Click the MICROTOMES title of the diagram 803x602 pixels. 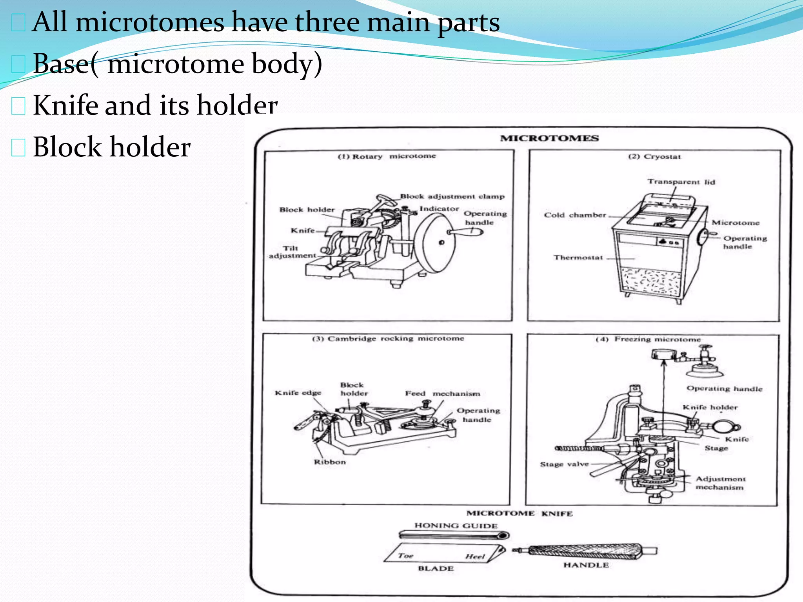click(x=549, y=138)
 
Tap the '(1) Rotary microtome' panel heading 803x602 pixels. click(x=387, y=156)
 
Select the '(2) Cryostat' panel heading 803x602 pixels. click(x=654, y=156)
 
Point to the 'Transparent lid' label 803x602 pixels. click(x=681, y=182)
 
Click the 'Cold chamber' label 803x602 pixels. click(x=575, y=215)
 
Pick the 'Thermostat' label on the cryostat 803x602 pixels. click(x=578, y=257)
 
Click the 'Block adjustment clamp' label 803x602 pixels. click(x=452, y=196)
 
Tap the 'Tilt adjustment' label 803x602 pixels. click(x=292, y=252)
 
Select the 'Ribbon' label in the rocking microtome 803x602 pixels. click(x=330, y=462)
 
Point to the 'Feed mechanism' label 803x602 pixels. click(x=442, y=393)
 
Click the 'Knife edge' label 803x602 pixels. click(x=298, y=393)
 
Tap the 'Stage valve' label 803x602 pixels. click(x=564, y=464)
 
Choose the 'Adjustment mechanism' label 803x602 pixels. click(x=720, y=483)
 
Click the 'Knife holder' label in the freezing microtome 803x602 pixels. click(x=710, y=408)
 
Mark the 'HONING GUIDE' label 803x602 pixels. click(x=456, y=526)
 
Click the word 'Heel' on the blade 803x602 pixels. click(x=475, y=557)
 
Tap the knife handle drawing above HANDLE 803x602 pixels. click(x=584, y=551)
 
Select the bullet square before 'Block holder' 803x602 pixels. click(x=18, y=148)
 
